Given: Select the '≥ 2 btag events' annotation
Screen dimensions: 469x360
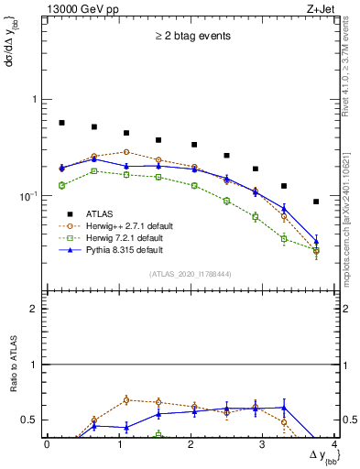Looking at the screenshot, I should pos(191,37).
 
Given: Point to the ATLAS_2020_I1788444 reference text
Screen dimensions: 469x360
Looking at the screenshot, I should pos(191,274).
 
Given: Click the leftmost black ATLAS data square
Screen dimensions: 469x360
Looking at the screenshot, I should pos(61,122).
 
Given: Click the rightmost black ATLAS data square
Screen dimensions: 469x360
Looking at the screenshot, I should pos(316,202).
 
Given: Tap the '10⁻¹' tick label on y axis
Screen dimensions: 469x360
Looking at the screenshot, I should pos(29,196).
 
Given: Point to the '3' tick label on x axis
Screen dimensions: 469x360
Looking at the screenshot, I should pos(262,444).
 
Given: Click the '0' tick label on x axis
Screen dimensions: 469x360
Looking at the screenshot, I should pos(47,444).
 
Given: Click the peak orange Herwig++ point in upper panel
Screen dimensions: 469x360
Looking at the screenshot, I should pos(126,152).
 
